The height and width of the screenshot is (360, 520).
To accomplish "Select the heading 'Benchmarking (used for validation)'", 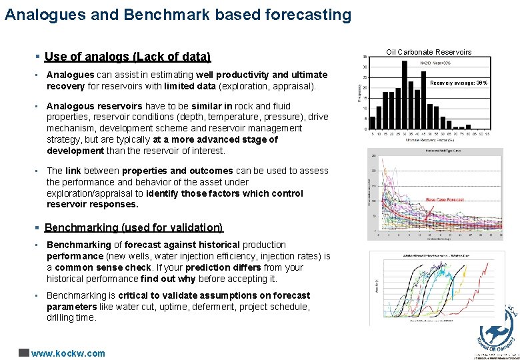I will (133, 227).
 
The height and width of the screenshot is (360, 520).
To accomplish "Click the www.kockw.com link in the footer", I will (69, 353).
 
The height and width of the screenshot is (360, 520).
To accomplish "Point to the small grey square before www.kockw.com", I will (24, 353).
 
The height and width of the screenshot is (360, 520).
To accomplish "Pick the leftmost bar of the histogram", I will (373, 122).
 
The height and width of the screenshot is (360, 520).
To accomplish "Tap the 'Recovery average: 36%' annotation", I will (459, 83).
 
